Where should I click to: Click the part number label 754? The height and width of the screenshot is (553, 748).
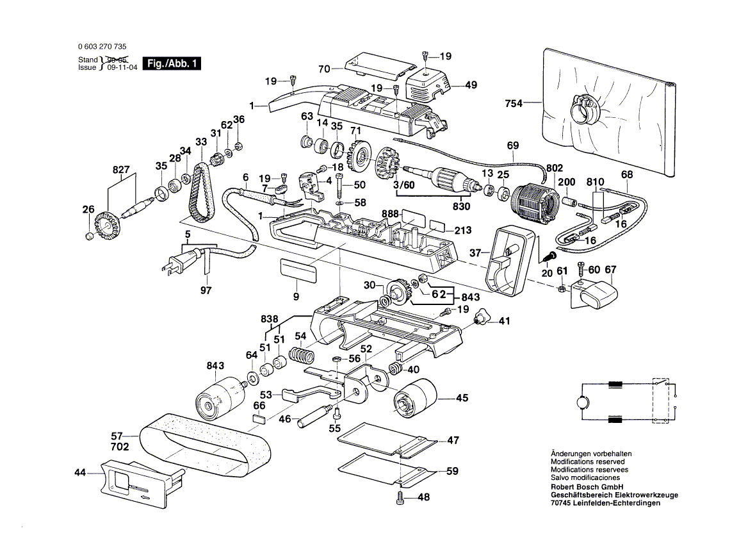[x=514, y=103]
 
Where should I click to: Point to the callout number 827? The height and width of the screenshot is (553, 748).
[x=120, y=170]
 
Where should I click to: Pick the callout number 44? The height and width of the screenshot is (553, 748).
[x=79, y=472]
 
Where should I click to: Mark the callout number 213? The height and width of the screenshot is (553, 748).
[x=463, y=231]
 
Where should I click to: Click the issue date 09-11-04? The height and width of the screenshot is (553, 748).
[x=116, y=67]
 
